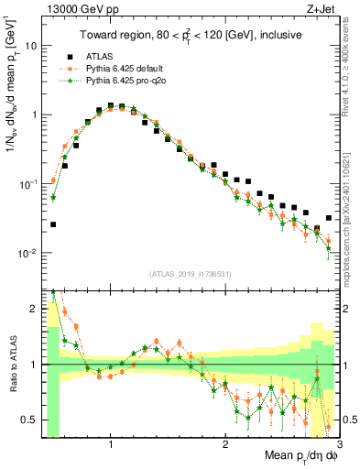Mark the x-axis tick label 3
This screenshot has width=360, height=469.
pos(339,442)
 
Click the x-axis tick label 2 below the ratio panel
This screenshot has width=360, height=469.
pos(225,442)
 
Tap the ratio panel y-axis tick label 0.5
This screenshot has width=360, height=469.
pos(29,420)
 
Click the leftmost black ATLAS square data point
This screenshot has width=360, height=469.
pos(53,224)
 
